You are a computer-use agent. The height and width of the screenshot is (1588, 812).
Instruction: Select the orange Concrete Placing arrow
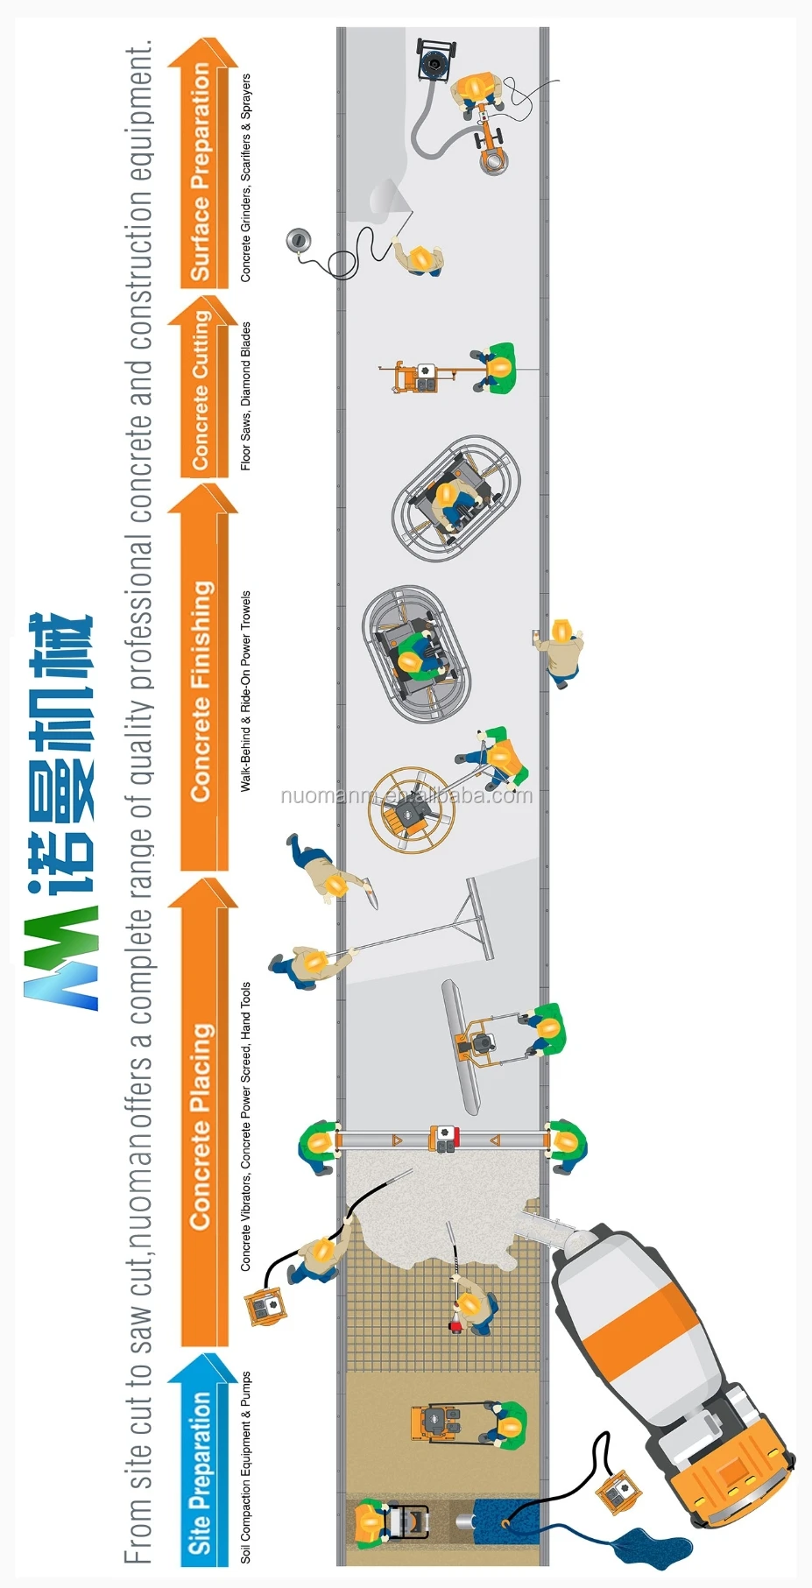[x=203, y=1112]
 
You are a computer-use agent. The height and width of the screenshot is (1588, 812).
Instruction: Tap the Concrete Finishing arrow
[x=203, y=683]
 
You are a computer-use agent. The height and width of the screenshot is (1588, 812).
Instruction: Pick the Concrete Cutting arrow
[x=203, y=390]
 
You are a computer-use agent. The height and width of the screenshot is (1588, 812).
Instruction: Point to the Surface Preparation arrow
[x=203, y=166]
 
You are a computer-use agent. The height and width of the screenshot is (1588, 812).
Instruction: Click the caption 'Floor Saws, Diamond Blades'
[x=246, y=396]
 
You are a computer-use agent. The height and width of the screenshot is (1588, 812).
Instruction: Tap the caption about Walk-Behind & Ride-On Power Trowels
[x=246, y=691]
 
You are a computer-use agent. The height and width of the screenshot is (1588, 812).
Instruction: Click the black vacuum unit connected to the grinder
[x=435, y=60]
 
